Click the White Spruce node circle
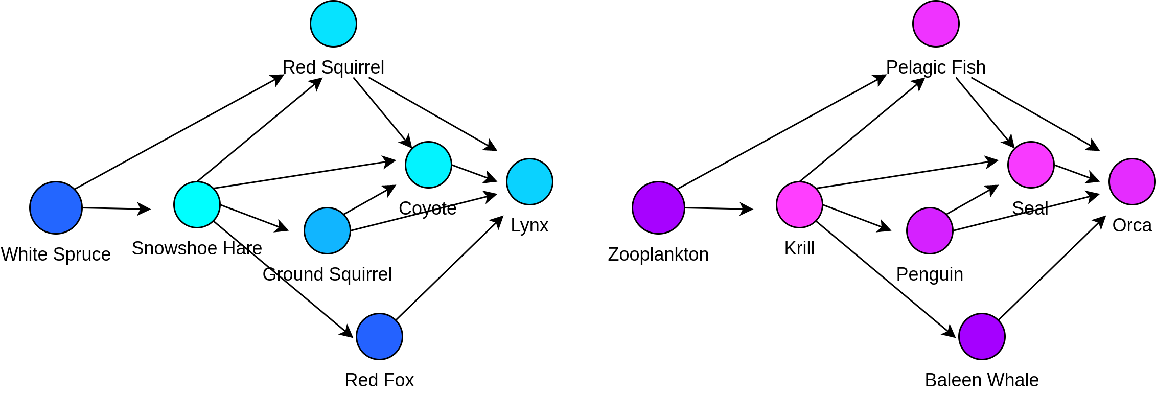pos(56,207)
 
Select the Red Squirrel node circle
pos(333,24)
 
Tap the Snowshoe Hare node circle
pos(197,204)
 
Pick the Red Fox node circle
pos(379,336)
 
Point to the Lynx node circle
pos(529,181)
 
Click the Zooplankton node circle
pos(658,207)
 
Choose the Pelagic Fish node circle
pos(936,24)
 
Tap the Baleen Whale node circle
pos(982,336)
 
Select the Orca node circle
pos(1132,181)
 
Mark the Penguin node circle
pos(930,230)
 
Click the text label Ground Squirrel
pos(327,274)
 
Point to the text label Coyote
pos(427,208)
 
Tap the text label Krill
pos(799,248)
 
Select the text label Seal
pos(1030,208)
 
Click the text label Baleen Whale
pos(982,380)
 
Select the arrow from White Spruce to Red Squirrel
pos(179,132)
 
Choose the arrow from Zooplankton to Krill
pos(719,208)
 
